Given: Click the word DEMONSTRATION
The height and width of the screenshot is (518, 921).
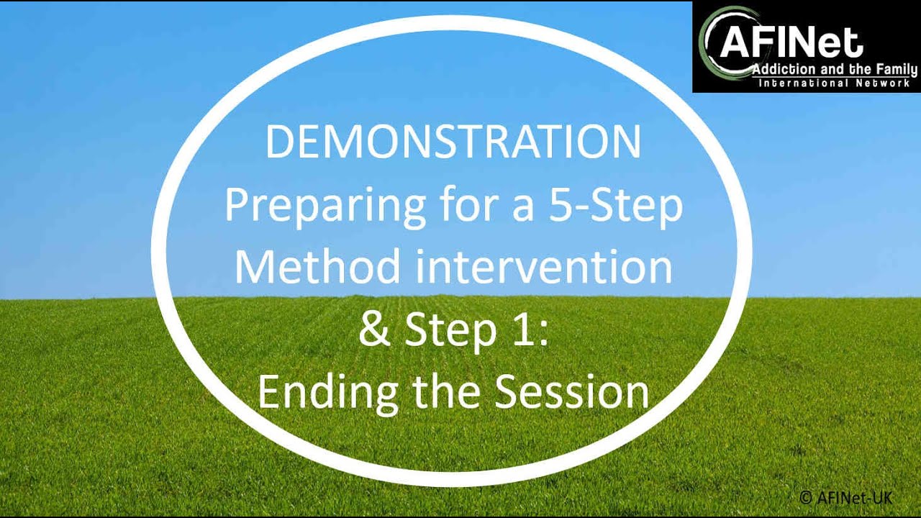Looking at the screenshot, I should pyautogui.click(x=453, y=142).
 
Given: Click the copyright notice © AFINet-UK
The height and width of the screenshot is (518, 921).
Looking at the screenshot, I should pyautogui.click(x=845, y=496).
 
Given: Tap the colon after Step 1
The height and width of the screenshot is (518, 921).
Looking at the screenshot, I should pyautogui.click(x=544, y=331).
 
